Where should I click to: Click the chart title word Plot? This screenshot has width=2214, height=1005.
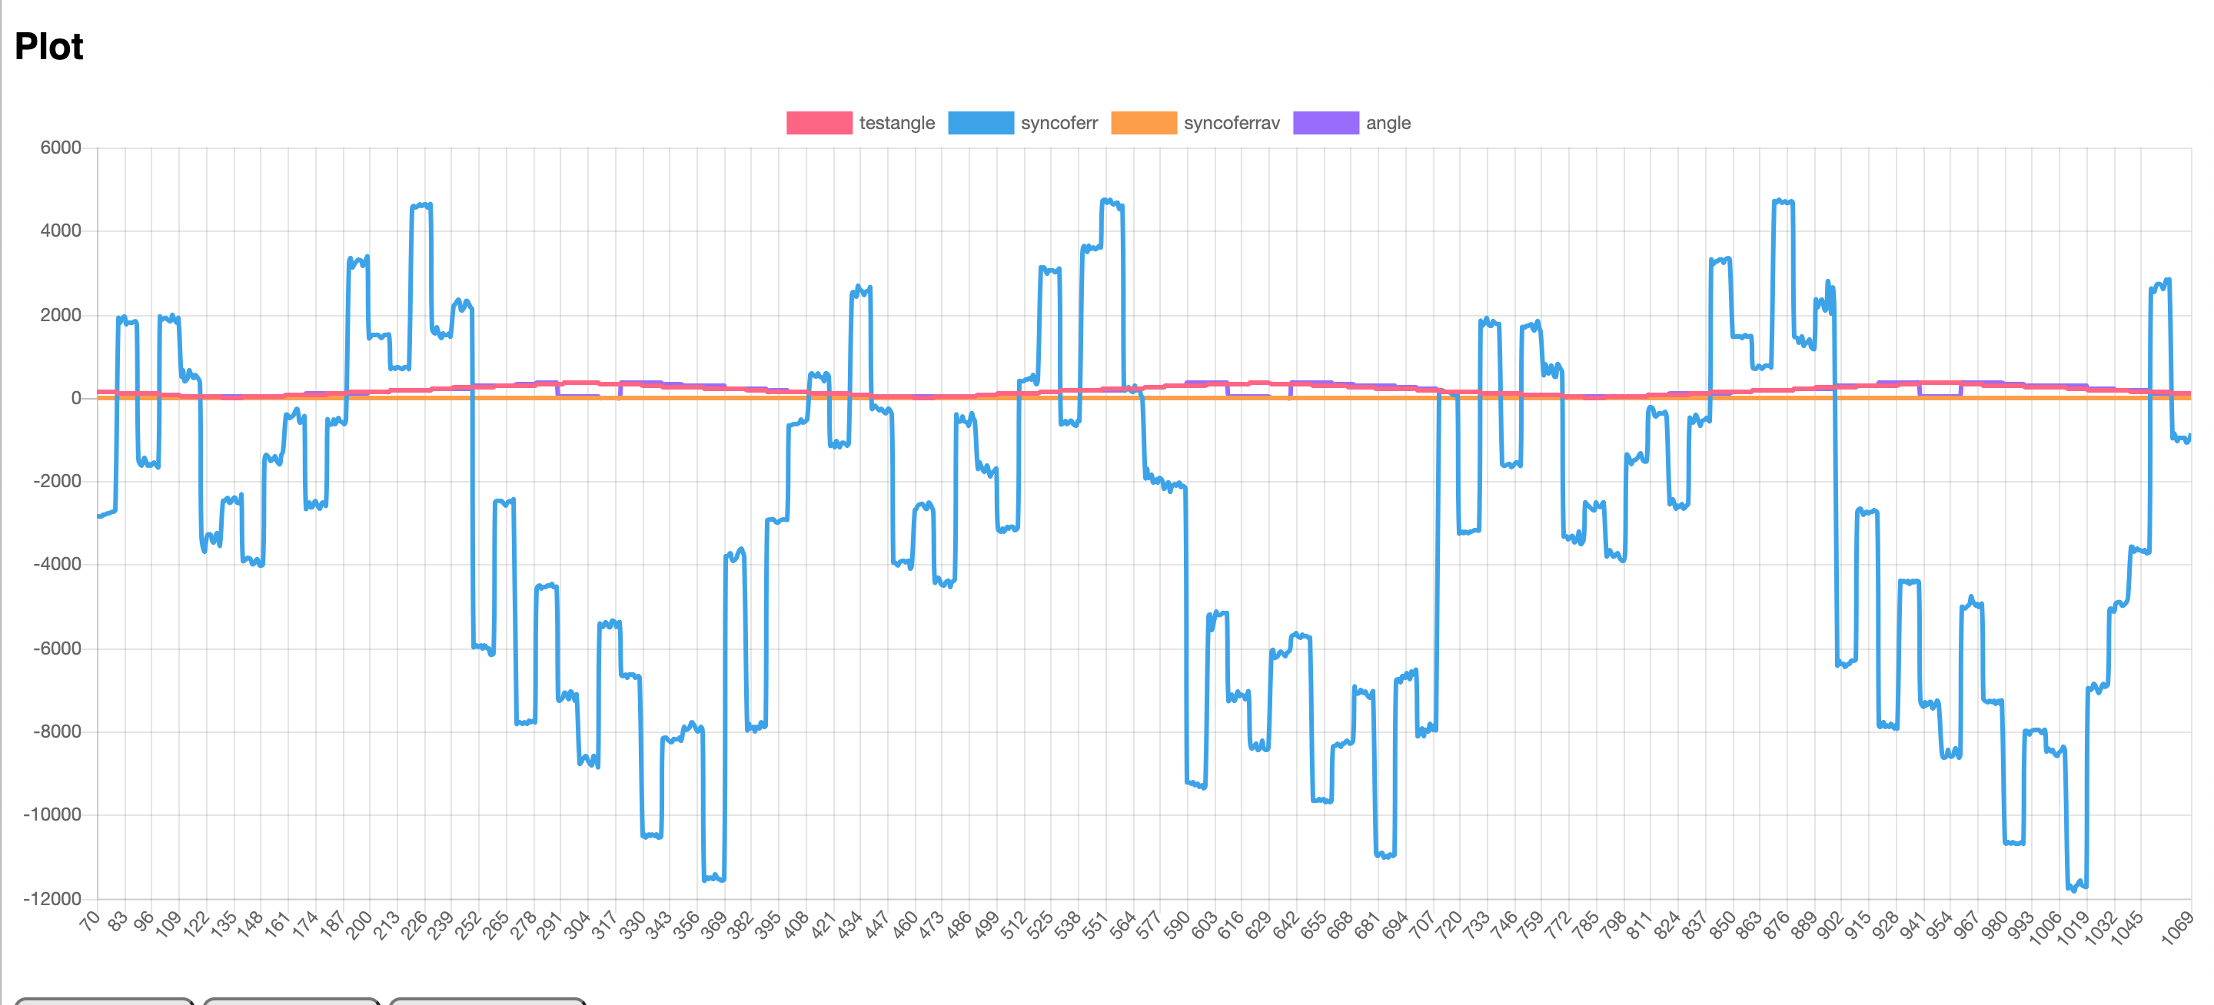click(x=49, y=47)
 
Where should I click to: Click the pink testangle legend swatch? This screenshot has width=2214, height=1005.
click(x=818, y=123)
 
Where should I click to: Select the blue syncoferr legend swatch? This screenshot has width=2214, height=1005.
click(x=980, y=123)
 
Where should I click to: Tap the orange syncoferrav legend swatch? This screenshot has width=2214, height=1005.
click(x=1143, y=123)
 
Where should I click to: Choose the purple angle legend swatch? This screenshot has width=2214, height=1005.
click(x=1325, y=123)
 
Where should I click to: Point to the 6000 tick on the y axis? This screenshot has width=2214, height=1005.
click(x=60, y=148)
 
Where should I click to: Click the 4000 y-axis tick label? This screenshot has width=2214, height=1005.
click(x=60, y=231)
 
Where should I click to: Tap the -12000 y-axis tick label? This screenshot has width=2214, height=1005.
click(x=52, y=898)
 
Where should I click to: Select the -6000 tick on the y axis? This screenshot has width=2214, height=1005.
click(x=56, y=648)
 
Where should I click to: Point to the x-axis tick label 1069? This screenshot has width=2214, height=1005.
click(x=2176, y=930)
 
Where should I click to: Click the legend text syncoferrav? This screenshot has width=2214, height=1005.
click(x=1231, y=123)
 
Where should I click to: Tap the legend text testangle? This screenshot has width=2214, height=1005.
click(x=896, y=123)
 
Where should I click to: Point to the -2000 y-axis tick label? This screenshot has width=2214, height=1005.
click(x=56, y=482)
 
